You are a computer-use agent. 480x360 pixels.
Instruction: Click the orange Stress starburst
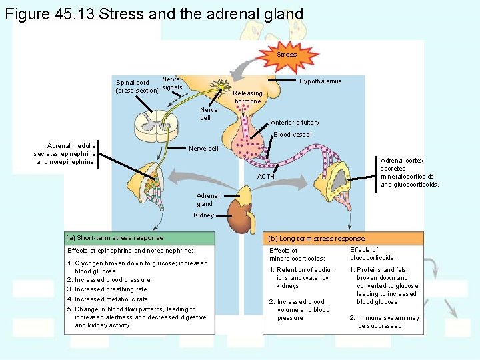[287, 54]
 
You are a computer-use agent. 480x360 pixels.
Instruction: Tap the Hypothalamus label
[320, 81]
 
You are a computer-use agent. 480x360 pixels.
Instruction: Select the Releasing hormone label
[247, 97]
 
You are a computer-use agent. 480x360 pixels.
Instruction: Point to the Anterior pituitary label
[295, 123]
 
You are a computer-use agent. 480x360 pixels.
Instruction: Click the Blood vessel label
[293, 135]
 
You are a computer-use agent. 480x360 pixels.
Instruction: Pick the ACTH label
[266, 177]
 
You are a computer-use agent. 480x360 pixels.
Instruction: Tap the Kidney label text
[203, 215]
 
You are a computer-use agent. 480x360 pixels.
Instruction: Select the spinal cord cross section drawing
[152, 125]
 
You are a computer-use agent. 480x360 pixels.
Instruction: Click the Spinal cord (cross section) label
[137, 87]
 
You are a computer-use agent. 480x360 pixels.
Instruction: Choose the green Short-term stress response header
[139, 238]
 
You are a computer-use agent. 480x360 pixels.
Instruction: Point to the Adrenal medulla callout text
[66, 153]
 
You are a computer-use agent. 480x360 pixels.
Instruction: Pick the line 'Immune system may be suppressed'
[384, 322]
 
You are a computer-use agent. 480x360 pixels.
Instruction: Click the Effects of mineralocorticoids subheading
[297, 255]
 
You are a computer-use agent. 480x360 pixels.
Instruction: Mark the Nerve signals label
[171, 83]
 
